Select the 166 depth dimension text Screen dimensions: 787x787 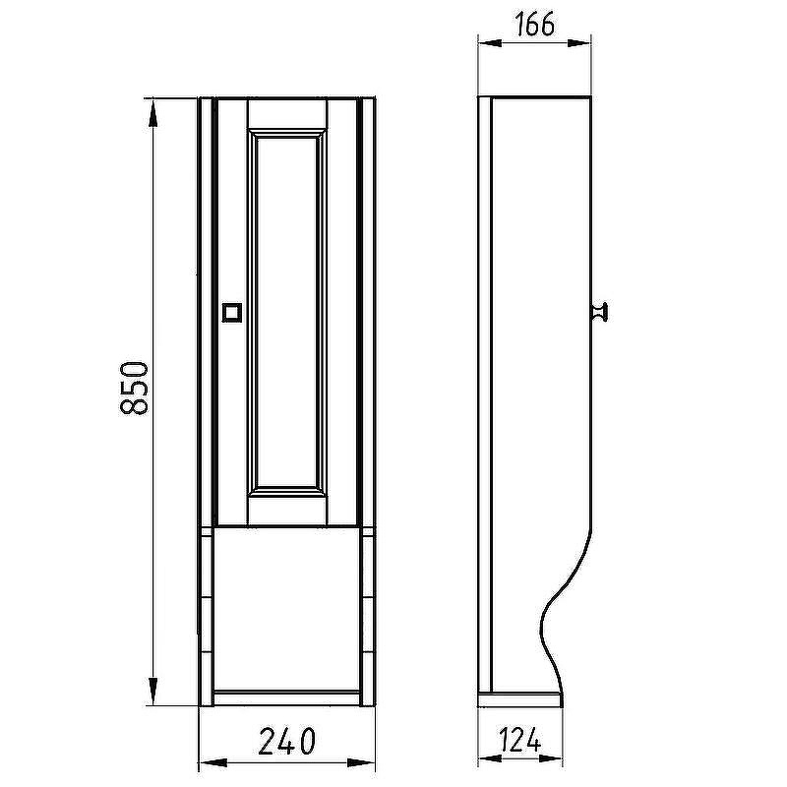pos(534,24)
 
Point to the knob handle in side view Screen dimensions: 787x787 pos(599,312)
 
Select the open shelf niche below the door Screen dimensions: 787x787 pos(286,609)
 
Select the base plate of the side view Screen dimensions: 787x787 pos(520,700)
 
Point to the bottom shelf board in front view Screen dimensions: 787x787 pos(286,697)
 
